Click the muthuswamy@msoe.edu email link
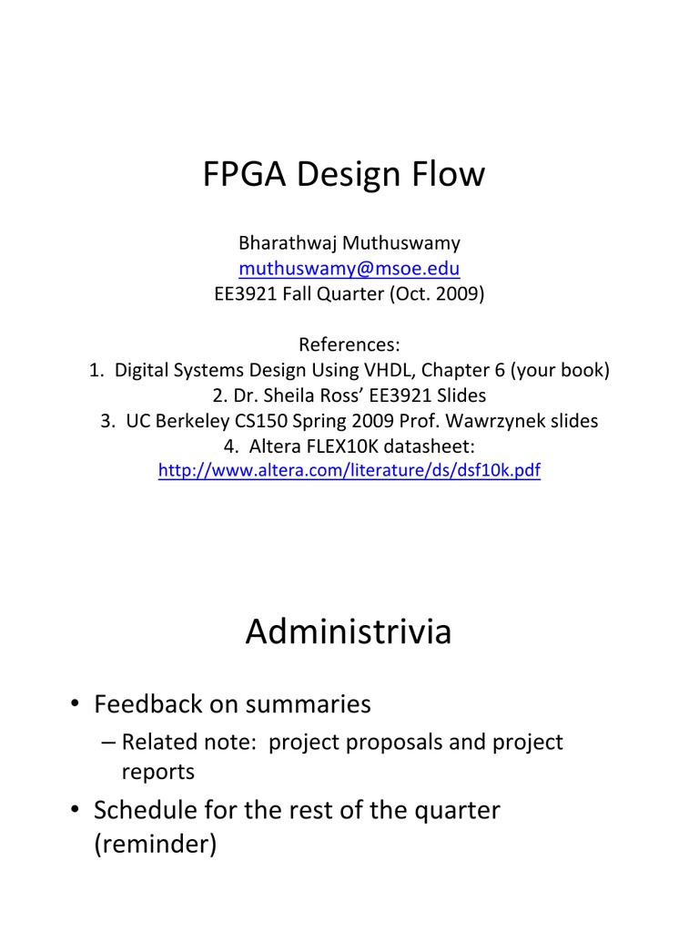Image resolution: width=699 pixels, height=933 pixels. point(349,269)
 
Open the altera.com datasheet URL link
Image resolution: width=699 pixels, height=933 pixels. point(349,471)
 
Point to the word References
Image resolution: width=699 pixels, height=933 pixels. point(349,345)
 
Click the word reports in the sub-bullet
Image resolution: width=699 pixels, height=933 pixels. point(158,772)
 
